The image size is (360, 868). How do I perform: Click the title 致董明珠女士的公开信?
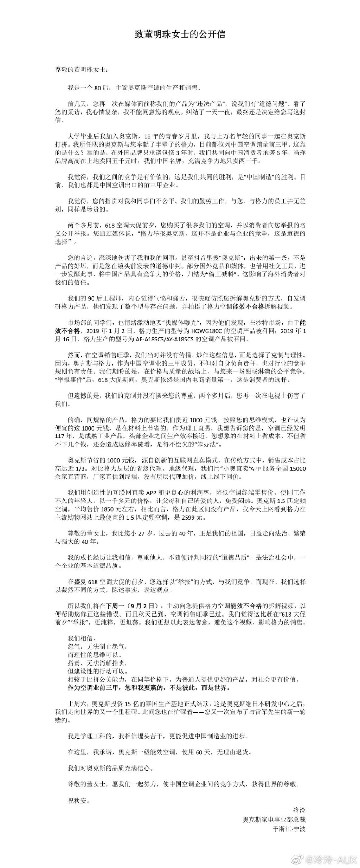click(180, 35)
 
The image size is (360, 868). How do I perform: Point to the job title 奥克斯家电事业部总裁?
click(274, 809)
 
